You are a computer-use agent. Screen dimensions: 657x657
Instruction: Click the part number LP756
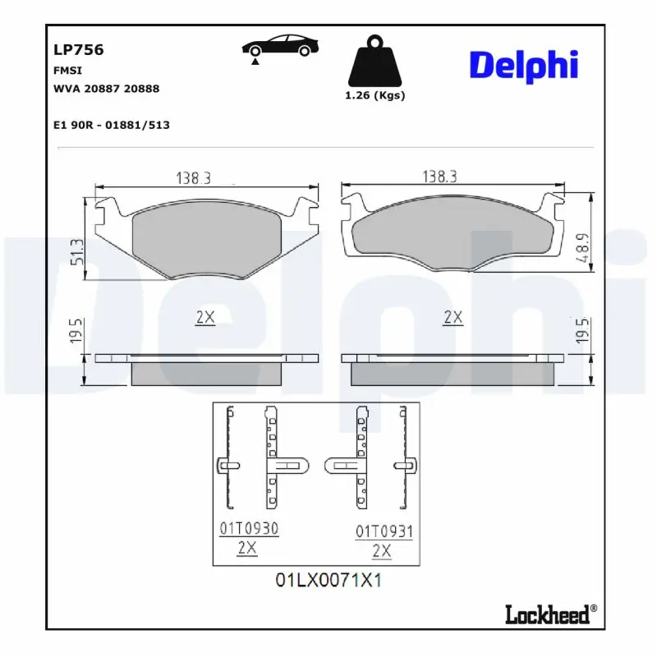[x=78, y=49]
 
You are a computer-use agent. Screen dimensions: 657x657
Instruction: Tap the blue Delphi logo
[x=523, y=65]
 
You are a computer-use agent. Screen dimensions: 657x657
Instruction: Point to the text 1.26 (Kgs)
[x=374, y=95]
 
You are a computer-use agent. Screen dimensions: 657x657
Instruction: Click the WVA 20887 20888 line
[x=106, y=88]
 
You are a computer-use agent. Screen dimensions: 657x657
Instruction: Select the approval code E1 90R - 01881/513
[x=111, y=125]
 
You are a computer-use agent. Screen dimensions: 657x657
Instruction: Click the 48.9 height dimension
[x=581, y=248]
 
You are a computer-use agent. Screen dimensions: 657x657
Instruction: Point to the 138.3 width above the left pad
[x=193, y=177]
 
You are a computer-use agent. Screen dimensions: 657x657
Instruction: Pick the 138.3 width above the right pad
[x=439, y=177]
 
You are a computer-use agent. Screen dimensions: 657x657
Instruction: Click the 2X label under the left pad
[x=204, y=318]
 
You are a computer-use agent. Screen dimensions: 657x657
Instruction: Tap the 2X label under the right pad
[x=453, y=317]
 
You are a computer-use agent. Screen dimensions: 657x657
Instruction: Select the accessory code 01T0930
[x=248, y=530]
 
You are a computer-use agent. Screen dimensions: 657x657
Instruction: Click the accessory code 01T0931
[x=384, y=532]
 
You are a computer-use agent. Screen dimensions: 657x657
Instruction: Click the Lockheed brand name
[x=547, y=614]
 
